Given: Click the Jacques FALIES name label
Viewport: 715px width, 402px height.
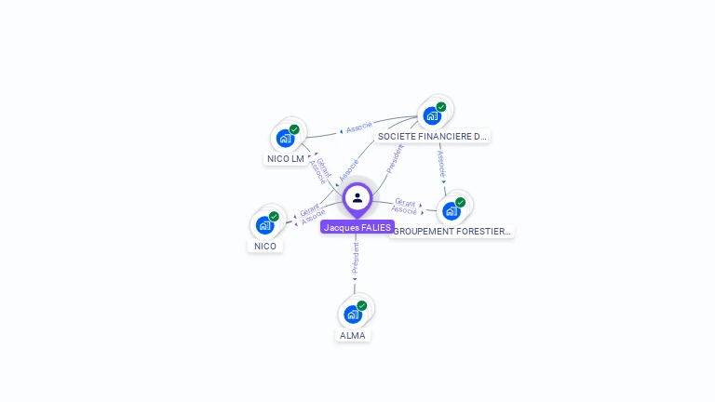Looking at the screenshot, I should [357, 227].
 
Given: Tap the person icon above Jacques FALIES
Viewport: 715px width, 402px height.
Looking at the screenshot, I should [357, 197].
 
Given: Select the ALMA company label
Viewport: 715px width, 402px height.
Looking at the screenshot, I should [353, 335].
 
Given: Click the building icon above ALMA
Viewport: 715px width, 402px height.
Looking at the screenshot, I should [352, 315].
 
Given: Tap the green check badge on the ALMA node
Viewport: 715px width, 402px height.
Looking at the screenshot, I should [362, 305].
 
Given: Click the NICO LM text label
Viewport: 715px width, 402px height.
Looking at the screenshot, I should [286, 158].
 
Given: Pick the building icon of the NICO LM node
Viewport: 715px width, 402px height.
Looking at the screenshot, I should [285, 139].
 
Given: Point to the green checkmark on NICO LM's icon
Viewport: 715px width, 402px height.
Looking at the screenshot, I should [294, 129].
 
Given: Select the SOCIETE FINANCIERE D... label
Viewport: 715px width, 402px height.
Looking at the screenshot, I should [432, 136].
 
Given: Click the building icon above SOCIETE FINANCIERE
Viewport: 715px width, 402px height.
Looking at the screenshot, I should [431, 116].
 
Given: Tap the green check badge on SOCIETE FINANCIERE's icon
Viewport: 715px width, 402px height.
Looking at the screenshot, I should [441, 107].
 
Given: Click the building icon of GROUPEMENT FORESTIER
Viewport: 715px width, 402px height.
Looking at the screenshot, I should [451, 211].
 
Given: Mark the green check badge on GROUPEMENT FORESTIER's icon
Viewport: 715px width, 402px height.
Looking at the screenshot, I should [460, 202].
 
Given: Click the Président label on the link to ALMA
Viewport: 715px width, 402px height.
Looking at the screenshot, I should [355, 258].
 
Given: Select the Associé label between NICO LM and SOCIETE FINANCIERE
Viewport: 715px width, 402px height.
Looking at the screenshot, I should [358, 127].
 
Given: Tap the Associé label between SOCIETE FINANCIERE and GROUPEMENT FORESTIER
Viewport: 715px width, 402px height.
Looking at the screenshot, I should [441, 160].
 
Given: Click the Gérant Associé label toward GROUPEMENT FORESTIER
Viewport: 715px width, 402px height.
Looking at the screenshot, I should [405, 207].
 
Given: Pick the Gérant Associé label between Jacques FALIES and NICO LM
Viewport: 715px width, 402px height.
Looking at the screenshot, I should [320, 170].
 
